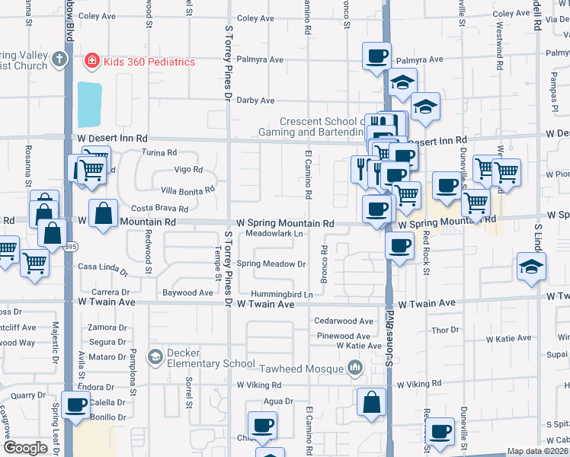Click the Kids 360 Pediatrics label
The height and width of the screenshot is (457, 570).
click(x=149, y=62)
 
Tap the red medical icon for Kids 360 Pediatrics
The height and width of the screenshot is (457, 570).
click(x=91, y=60)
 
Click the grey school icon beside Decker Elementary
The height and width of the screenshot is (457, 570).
click(x=155, y=356)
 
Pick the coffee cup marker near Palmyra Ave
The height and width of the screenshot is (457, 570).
click(x=377, y=56)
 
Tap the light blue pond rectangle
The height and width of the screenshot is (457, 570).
click(x=88, y=104)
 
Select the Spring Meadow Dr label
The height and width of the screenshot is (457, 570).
click(x=271, y=264)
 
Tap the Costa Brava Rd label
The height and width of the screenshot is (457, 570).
click(x=159, y=208)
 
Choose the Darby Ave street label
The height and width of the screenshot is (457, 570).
click(x=256, y=101)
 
